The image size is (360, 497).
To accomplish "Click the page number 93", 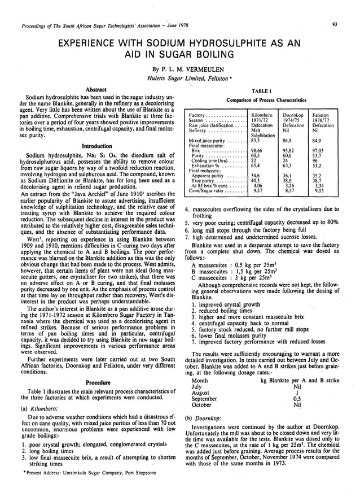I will point(335,24).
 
